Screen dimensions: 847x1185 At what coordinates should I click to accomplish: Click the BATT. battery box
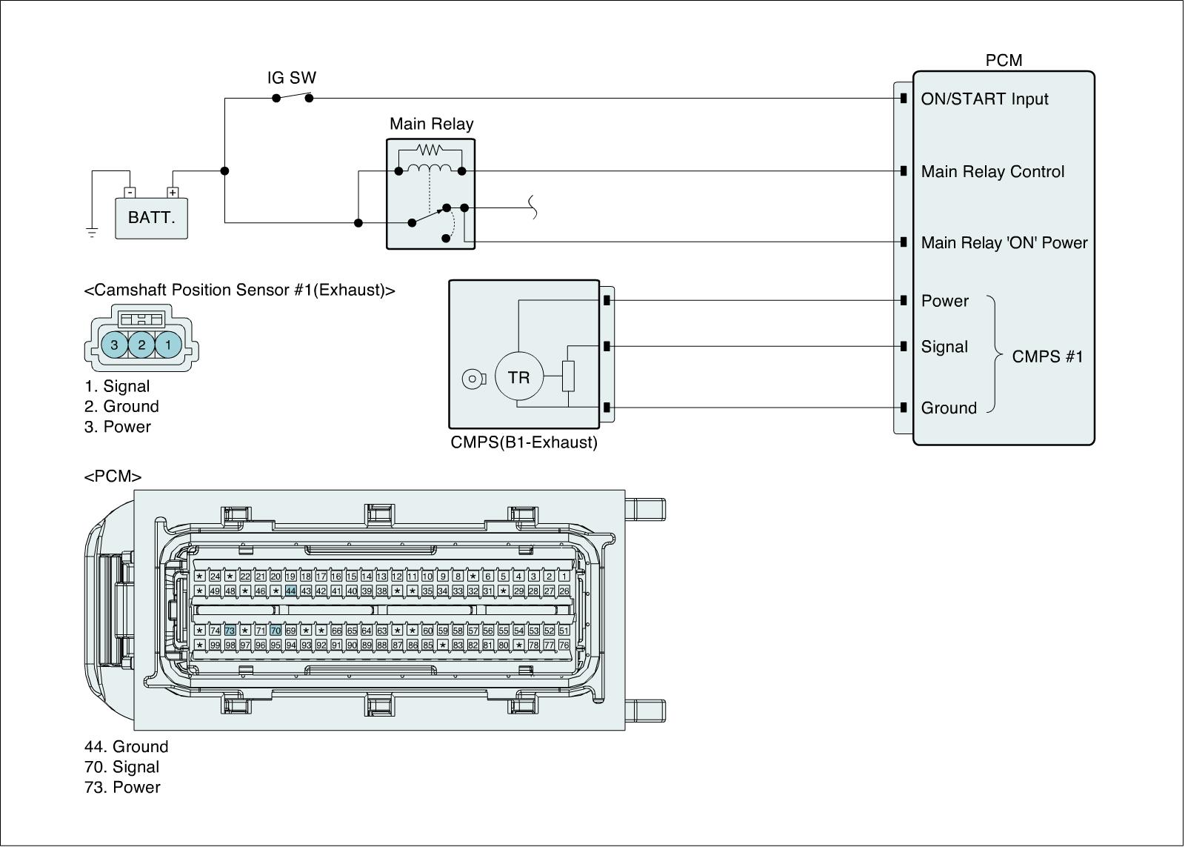[x=151, y=218]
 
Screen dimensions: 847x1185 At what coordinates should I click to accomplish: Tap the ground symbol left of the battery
[x=92, y=233]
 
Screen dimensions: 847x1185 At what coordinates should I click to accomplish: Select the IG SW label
[x=292, y=78]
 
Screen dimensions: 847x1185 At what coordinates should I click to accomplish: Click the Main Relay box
[x=430, y=194]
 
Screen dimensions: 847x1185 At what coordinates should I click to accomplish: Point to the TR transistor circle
[x=518, y=377]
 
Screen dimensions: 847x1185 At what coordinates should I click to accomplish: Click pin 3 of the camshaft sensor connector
[x=115, y=345]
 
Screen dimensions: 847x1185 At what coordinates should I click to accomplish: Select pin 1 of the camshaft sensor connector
[x=168, y=345]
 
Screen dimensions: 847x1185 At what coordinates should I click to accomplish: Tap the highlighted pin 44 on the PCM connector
[x=291, y=591]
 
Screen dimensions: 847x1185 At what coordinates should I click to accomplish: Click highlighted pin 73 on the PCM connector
[x=230, y=631]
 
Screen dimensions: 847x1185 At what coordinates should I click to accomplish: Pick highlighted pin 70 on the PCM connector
[x=276, y=631]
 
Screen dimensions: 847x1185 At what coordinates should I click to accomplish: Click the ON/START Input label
[x=984, y=99]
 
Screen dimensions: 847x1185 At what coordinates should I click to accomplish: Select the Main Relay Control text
[x=992, y=172]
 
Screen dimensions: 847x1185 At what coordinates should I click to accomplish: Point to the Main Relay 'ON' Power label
[x=1004, y=243]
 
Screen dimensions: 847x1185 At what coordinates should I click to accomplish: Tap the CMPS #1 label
[x=1047, y=356]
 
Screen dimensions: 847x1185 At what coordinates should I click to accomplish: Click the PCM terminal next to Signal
[x=904, y=346]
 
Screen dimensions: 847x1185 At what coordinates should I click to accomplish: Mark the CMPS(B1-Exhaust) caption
[x=524, y=443]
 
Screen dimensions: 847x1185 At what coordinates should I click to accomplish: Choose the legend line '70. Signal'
[x=121, y=767]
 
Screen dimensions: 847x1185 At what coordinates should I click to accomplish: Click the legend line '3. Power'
[x=117, y=427]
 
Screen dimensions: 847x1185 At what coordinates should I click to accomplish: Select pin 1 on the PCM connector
[x=564, y=577]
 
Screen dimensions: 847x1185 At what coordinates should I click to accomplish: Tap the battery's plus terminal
[x=173, y=193]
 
